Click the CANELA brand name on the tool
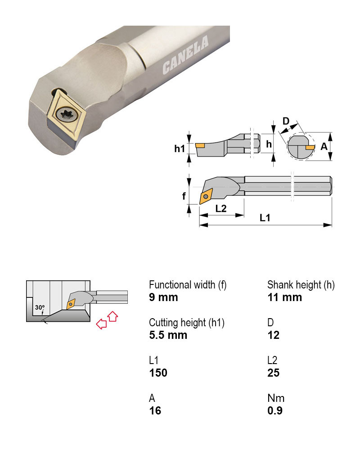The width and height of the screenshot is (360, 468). click(x=186, y=55)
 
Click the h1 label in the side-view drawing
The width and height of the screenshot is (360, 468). click(x=180, y=148)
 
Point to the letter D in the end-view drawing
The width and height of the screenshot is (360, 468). click(x=285, y=121)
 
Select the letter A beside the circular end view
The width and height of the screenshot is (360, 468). click(x=324, y=146)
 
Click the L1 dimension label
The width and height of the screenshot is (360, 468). click(x=265, y=218)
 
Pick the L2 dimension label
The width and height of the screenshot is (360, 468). click(x=221, y=208)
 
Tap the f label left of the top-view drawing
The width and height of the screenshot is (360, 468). click(x=184, y=196)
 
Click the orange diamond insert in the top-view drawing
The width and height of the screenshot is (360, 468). click(x=206, y=195)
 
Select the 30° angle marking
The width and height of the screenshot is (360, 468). click(x=40, y=308)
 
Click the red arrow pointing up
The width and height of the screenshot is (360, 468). click(x=112, y=316)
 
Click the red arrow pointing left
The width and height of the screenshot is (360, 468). click(x=102, y=324)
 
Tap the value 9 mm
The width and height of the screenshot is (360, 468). click(x=163, y=297)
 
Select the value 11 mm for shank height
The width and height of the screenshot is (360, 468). click(x=284, y=297)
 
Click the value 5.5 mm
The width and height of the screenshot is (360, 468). click(x=168, y=335)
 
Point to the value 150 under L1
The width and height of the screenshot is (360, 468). click(x=158, y=373)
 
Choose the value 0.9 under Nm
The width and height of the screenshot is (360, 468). click(x=274, y=411)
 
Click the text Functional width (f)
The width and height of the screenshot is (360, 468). click(x=188, y=285)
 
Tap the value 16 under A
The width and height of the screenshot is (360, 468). click(x=155, y=411)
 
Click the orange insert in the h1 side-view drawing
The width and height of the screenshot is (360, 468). click(x=200, y=145)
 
